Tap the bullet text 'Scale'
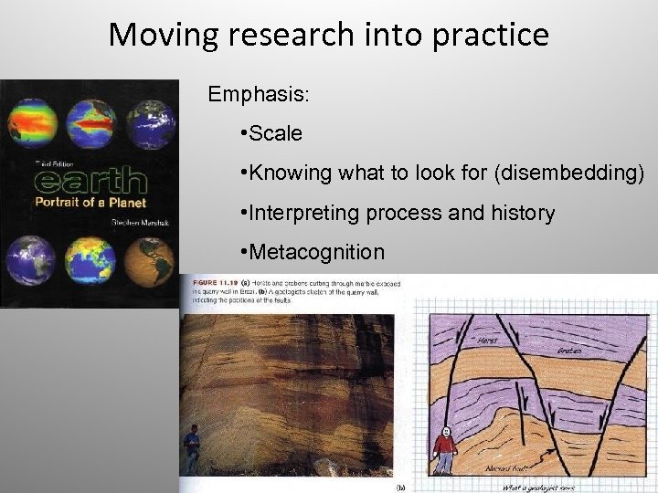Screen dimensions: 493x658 point(275,133)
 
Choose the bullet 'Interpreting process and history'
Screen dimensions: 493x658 point(401,214)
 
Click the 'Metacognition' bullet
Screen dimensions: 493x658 point(316,252)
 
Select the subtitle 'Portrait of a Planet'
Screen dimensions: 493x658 point(90,202)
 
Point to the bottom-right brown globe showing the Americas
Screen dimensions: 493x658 point(150,261)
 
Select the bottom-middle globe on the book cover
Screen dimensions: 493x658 point(90,261)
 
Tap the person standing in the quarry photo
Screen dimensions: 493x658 point(192,447)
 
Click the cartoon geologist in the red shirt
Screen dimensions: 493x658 point(444,448)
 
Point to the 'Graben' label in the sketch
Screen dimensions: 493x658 point(568,351)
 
